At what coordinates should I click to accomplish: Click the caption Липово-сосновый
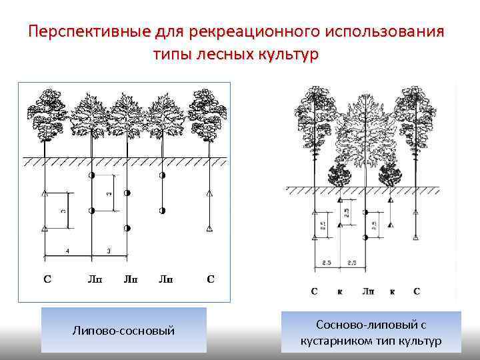pyautogui.click(x=123, y=329)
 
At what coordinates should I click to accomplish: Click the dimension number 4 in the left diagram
pyautogui.click(x=68, y=250)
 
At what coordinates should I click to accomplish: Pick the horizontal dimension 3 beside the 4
pyautogui.click(x=109, y=250)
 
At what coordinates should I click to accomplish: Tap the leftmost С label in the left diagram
pyautogui.click(x=46, y=279)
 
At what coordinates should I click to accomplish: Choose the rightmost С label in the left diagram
pyautogui.click(x=210, y=279)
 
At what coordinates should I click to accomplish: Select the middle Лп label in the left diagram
pyautogui.click(x=128, y=279)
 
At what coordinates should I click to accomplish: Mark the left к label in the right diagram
pyautogui.click(x=341, y=291)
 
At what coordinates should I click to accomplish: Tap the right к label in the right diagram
pyautogui.click(x=392, y=291)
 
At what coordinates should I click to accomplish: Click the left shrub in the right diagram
pyautogui.click(x=341, y=176)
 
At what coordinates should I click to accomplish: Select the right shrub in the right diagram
pyautogui.click(x=391, y=176)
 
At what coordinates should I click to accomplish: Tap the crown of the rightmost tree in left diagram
pyautogui.click(x=209, y=113)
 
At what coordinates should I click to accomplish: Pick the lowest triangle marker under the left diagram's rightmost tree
pyautogui.click(x=210, y=229)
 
